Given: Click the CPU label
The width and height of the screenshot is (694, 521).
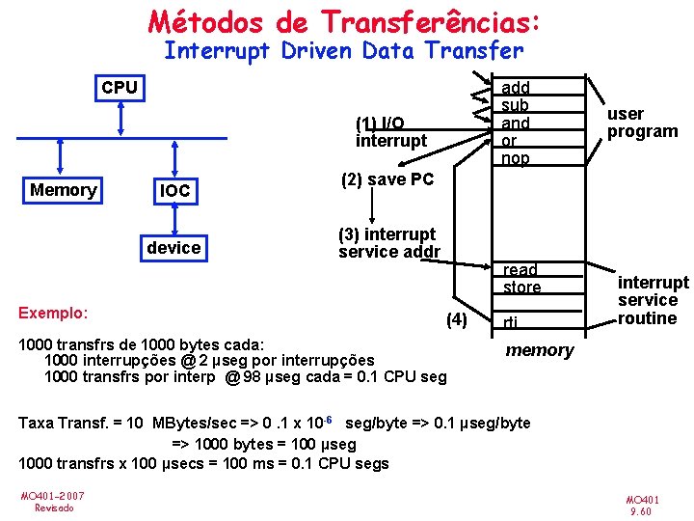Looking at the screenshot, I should pyautogui.click(x=120, y=88).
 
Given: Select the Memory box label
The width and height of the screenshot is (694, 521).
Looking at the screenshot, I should pyautogui.click(x=63, y=190).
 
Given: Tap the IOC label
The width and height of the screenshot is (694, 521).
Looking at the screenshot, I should pyautogui.click(x=174, y=192).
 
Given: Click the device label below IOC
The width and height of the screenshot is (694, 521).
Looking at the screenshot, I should pyautogui.click(x=173, y=248).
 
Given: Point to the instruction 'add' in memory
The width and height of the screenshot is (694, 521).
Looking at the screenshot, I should pyautogui.click(x=517, y=88).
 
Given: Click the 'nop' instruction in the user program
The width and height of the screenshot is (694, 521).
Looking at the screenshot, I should pyautogui.click(x=516, y=158).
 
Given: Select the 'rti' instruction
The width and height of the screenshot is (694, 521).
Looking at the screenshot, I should pyautogui.click(x=512, y=322).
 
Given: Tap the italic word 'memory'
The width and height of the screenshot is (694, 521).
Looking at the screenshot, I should pyautogui.click(x=539, y=350).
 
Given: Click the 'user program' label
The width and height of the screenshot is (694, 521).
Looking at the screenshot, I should pyautogui.click(x=642, y=123).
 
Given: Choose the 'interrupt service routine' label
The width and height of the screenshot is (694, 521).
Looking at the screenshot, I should pyautogui.click(x=653, y=300).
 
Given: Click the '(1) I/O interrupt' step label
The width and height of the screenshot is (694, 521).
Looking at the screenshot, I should pyautogui.click(x=389, y=132).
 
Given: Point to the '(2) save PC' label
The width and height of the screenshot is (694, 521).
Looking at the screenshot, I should pyautogui.click(x=387, y=179).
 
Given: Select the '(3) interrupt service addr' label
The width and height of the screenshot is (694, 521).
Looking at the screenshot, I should pyautogui.click(x=388, y=243).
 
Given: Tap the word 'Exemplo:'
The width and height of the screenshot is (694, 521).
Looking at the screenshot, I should pyautogui.click(x=54, y=313).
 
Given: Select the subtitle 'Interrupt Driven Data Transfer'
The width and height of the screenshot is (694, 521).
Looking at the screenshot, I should pyautogui.click(x=344, y=50).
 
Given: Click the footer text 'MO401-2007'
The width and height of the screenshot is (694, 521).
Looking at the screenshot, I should pyautogui.click(x=53, y=496).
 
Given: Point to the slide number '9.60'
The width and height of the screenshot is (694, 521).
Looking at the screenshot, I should pyautogui.click(x=642, y=511).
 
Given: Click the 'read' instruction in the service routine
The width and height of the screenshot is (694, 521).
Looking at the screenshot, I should pyautogui.click(x=520, y=270).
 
